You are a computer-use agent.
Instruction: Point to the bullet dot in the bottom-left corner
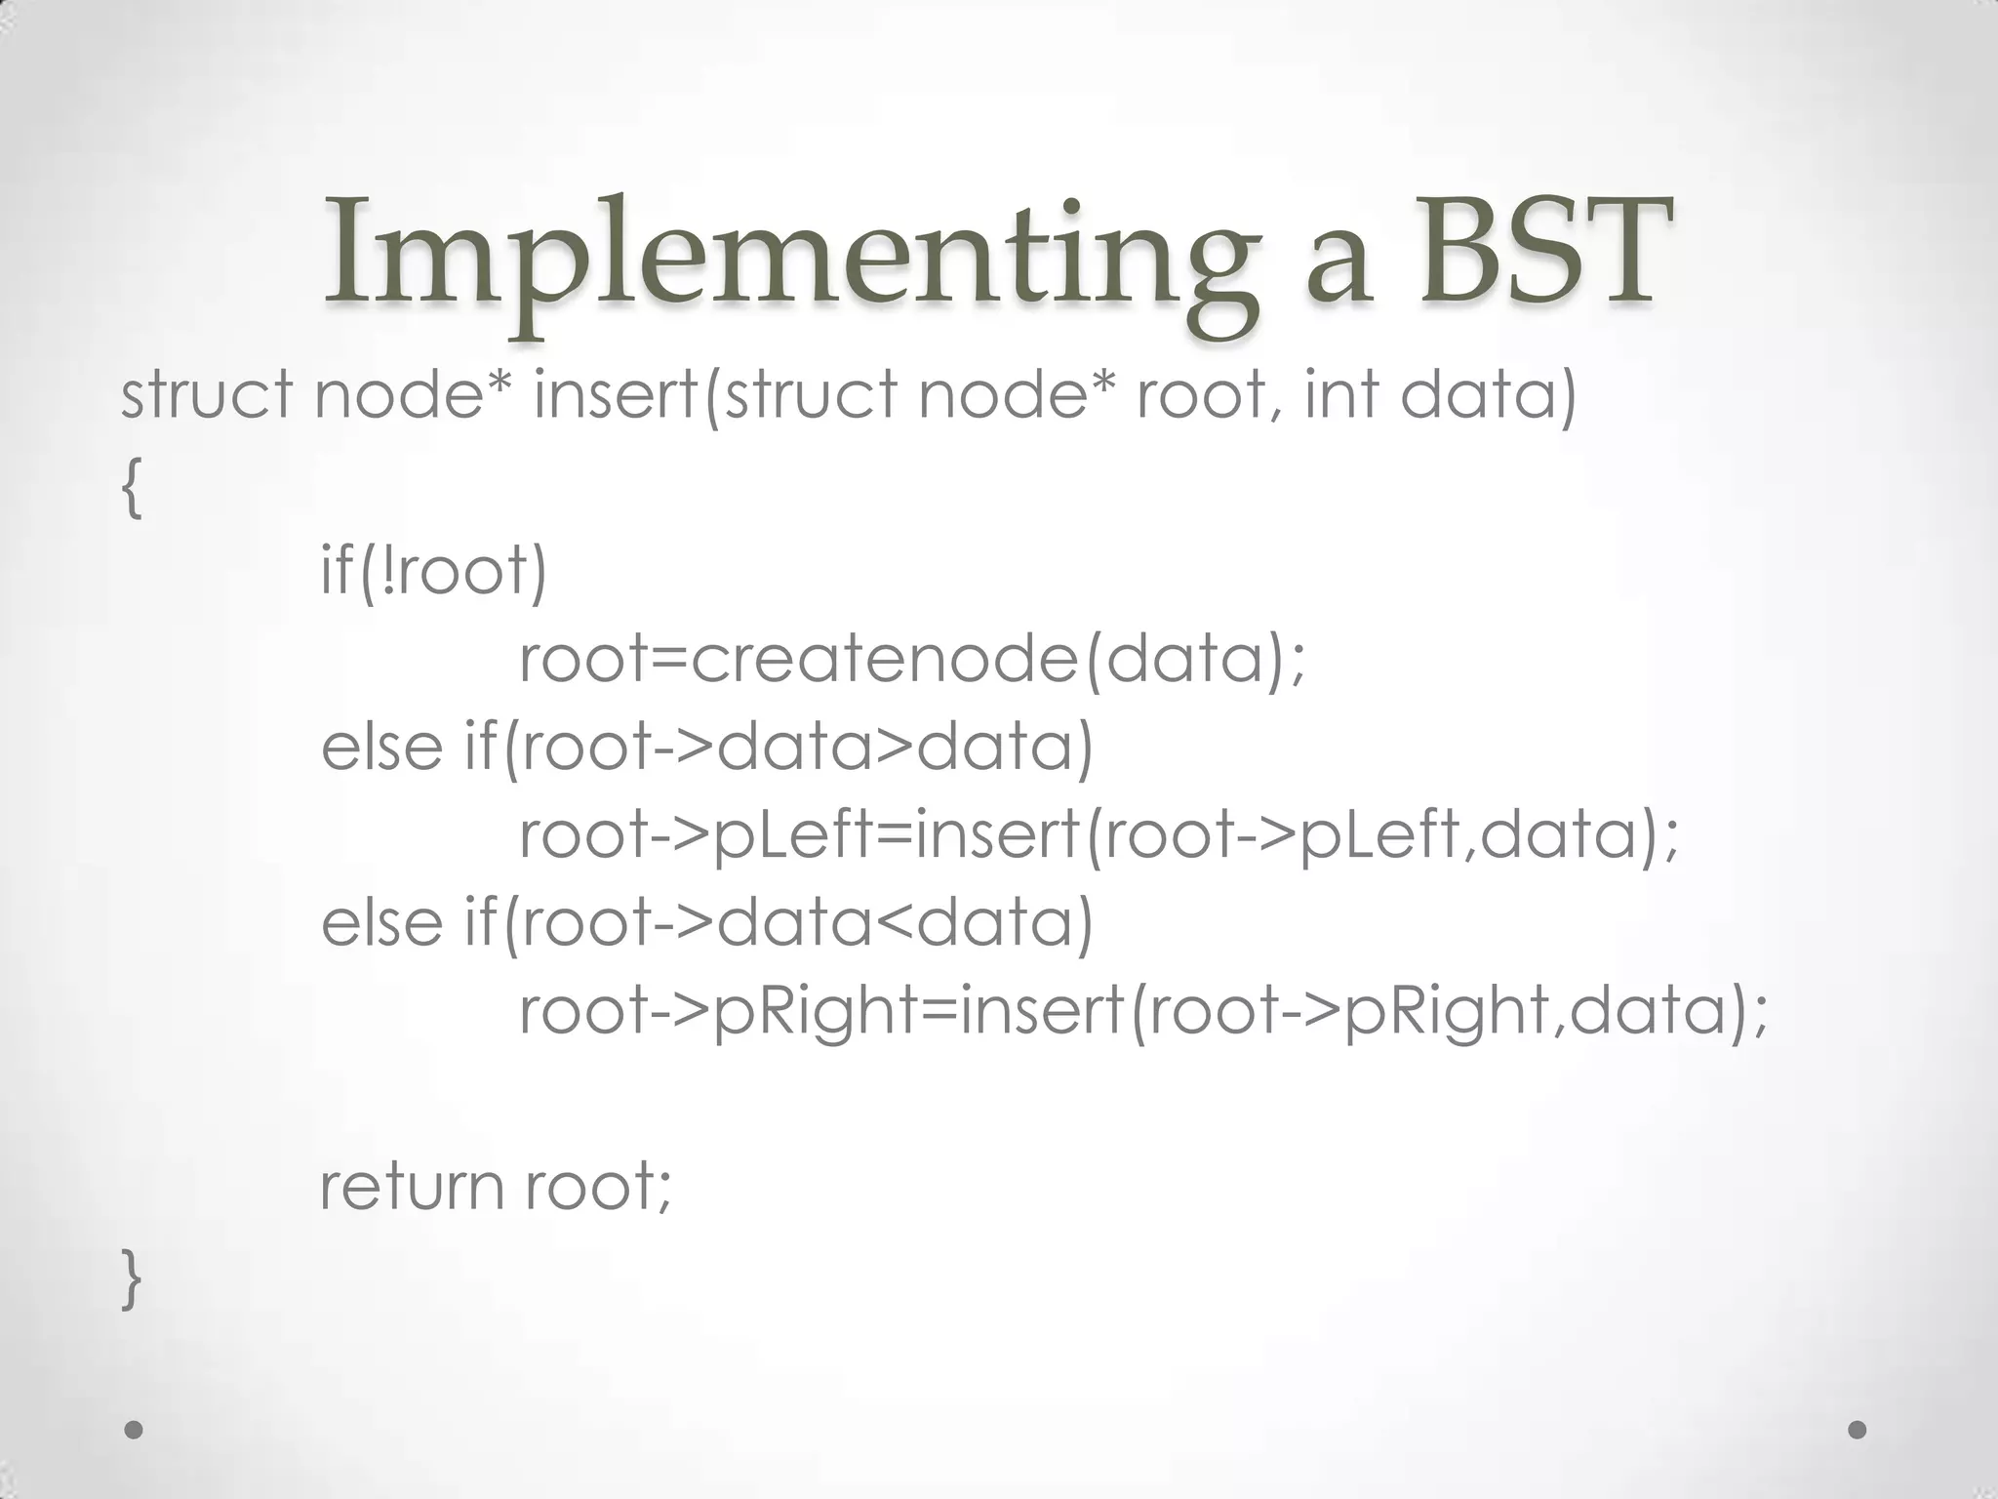(x=135, y=1431)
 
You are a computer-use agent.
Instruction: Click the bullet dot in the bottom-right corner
(x=1858, y=1431)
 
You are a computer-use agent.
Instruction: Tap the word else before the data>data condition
(x=381, y=748)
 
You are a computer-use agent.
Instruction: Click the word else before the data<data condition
(x=381, y=923)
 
